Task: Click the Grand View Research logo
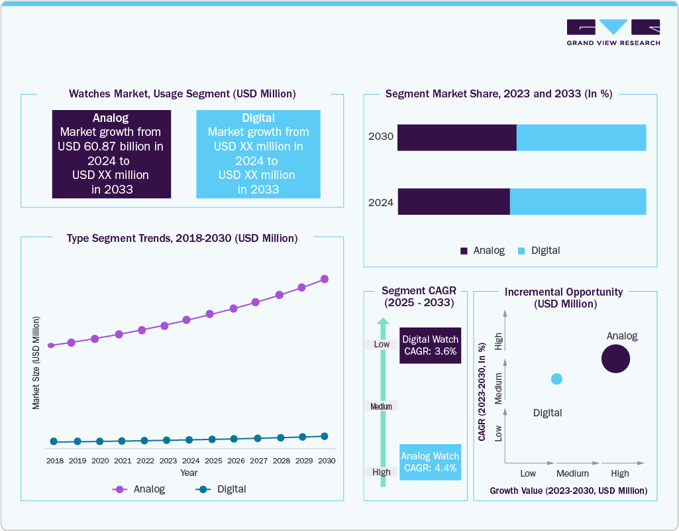coord(613,32)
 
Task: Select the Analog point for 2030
coord(325,279)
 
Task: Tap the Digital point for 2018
coord(54,442)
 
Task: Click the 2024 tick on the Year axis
coord(191,460)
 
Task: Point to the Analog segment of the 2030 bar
coord(456,137)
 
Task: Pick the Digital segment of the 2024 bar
coord(578,202)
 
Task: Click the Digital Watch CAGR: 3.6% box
coord(430,345)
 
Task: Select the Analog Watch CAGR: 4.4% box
coord(430,462)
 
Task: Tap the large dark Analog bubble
coord(615,359)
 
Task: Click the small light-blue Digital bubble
coord(556,379)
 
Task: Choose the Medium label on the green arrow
coord(382,406)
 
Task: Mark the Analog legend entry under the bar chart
coord(482,251)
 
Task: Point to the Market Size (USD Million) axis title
coord(36,362)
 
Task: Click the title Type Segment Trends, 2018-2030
coord(182,238)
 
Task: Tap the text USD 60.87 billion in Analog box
coord(111,146)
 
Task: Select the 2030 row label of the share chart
coord(381,137)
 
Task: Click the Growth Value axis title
coord(568,491)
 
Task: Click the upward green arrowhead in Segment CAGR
coord(382,323)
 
